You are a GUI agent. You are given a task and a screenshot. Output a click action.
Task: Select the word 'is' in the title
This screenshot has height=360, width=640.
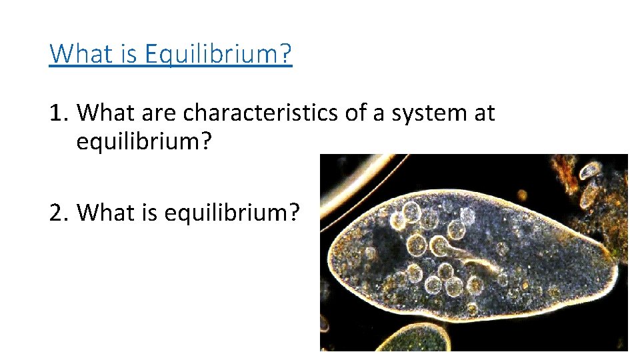coord(131,53)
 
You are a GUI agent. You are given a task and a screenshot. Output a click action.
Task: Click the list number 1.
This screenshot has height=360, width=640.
coord(57,113)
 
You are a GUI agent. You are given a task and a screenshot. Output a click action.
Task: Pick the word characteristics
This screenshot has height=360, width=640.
coord(261,113)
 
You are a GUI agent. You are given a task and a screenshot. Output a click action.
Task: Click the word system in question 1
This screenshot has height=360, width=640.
coord(423,113)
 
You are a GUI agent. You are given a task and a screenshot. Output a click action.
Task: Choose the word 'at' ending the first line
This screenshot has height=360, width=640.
coord(484,113)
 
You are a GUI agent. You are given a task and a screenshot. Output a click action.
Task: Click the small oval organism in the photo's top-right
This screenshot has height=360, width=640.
coord(591,171)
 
